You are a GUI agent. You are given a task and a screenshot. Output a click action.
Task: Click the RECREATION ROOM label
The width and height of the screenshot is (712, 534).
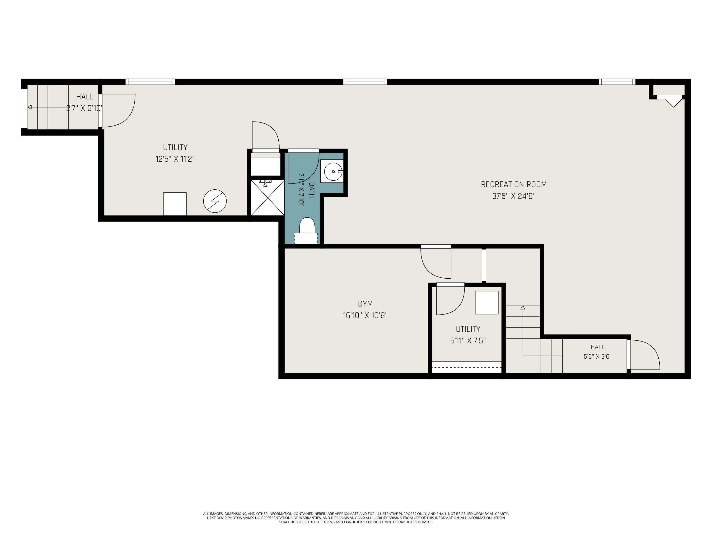tap(514, 184)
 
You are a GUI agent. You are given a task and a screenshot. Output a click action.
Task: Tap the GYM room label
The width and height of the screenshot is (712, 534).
tap(365, 304)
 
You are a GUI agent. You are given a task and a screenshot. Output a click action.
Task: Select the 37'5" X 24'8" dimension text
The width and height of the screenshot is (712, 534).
tap(514, 196)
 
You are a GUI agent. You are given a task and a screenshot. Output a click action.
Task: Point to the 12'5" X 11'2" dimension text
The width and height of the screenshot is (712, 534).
tap(175, 159)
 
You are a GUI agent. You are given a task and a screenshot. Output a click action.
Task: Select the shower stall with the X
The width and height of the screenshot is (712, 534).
tap(267, 198)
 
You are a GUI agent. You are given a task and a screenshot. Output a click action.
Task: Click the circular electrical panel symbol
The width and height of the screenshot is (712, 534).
tap(215, 201)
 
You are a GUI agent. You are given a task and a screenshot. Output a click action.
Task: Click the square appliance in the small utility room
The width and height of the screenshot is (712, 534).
tap(487, 303)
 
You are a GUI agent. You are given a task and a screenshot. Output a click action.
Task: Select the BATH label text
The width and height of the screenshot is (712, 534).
tap(311, 190)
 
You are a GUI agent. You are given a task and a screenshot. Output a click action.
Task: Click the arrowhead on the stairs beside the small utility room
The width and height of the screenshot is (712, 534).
tap(523, 308)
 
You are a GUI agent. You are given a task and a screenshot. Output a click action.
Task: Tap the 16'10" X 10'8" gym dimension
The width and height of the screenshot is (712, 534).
tap(365, 315)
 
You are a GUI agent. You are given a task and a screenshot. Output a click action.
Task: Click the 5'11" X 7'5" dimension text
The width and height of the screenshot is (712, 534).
tap(468, 341)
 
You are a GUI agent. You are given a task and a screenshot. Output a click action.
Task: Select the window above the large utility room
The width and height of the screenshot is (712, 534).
tap(150, 82)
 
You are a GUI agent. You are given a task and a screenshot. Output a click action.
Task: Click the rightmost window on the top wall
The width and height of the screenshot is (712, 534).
tap(617, 82)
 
